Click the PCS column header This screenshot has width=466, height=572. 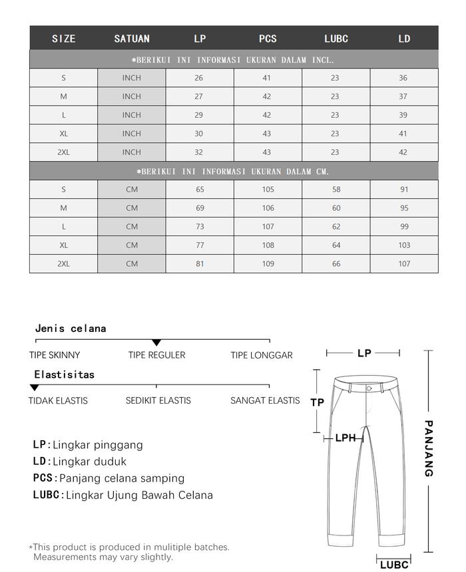[268, 39]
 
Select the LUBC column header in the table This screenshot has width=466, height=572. [336, 39]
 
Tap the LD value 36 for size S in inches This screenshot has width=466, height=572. [403, 78]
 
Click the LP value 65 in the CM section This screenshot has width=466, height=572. [200, 190]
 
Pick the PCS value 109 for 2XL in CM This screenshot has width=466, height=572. [268, 264]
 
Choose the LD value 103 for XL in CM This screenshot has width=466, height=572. [404, 245]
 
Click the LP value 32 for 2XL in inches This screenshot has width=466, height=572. [199, 152]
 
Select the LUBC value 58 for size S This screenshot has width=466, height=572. [336, 190]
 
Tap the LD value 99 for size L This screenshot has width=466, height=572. [404, 227]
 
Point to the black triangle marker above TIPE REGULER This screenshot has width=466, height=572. [156, 343]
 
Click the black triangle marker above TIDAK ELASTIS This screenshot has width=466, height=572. [35, 388]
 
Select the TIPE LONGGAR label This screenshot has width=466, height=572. [262, 355]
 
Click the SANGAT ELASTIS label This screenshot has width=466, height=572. [265, 400]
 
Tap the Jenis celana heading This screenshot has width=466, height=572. [71, 329]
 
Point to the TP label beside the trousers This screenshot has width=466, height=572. [318, 402]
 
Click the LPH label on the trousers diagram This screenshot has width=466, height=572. [346, 438]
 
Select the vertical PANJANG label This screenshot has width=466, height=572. [429, 448]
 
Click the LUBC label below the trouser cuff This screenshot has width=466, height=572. [394, 565]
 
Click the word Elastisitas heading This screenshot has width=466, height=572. [65, 374]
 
